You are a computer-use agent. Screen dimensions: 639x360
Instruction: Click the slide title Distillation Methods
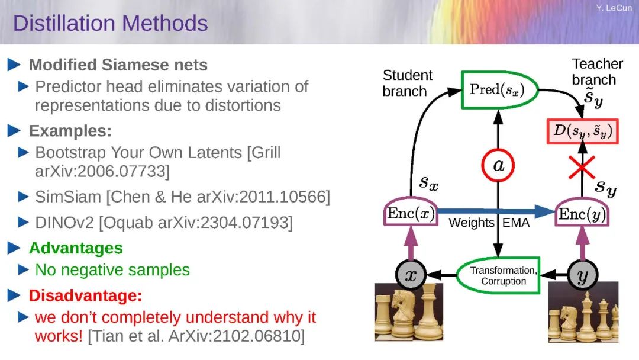(x=111, y=23)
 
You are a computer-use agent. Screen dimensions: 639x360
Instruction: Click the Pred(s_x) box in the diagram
(x=499, y=90)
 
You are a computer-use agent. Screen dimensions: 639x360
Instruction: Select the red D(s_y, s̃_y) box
(x=582, y=131)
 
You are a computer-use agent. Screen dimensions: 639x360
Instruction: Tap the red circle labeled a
(x=498, y=166)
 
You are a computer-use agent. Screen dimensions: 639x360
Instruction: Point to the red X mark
(x=582, y=167)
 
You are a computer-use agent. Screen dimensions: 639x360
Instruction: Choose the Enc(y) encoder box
(x=582, y=213)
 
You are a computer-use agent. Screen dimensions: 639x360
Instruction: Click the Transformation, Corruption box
(x=498, y=275)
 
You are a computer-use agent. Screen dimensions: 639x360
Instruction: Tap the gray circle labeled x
(x=411, y=275)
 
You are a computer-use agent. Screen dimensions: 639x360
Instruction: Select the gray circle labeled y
(x=583, y=275)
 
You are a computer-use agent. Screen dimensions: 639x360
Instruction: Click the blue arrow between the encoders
(x=496, y=211)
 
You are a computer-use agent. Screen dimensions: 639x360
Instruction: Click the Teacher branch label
(x=597, y=72)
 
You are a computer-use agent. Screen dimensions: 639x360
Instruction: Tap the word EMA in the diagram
(x=516, y=223)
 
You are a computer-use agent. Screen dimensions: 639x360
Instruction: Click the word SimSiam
(x=68, y=197)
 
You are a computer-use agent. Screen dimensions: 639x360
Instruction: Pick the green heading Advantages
(x=76, y=248)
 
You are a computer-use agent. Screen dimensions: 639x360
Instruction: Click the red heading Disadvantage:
(x=86, y=295)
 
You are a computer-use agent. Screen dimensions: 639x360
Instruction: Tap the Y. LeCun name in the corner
(x=614, y=8)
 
